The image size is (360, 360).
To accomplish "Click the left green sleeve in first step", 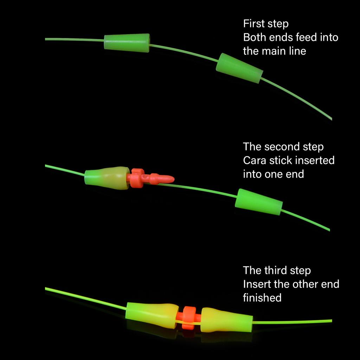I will [x=127, y=43].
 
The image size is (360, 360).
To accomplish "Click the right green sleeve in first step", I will [x=239, y=68].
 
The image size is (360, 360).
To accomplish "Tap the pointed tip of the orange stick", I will [x=171, y=180].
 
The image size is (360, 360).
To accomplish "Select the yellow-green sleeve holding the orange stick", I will [x=107, y=178].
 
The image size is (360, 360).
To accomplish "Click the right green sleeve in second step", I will [x=258, y=202].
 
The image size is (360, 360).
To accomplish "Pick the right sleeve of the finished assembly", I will [x=227, y=320].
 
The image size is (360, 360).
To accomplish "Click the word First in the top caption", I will [x=253, y=24].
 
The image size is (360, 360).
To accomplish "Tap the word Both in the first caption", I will [x=254, y=37].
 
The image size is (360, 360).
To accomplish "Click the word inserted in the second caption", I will [x=315, y=160].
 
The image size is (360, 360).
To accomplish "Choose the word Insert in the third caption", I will [x=256, y=284].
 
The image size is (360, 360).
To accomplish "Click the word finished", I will [x=262, y=298].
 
